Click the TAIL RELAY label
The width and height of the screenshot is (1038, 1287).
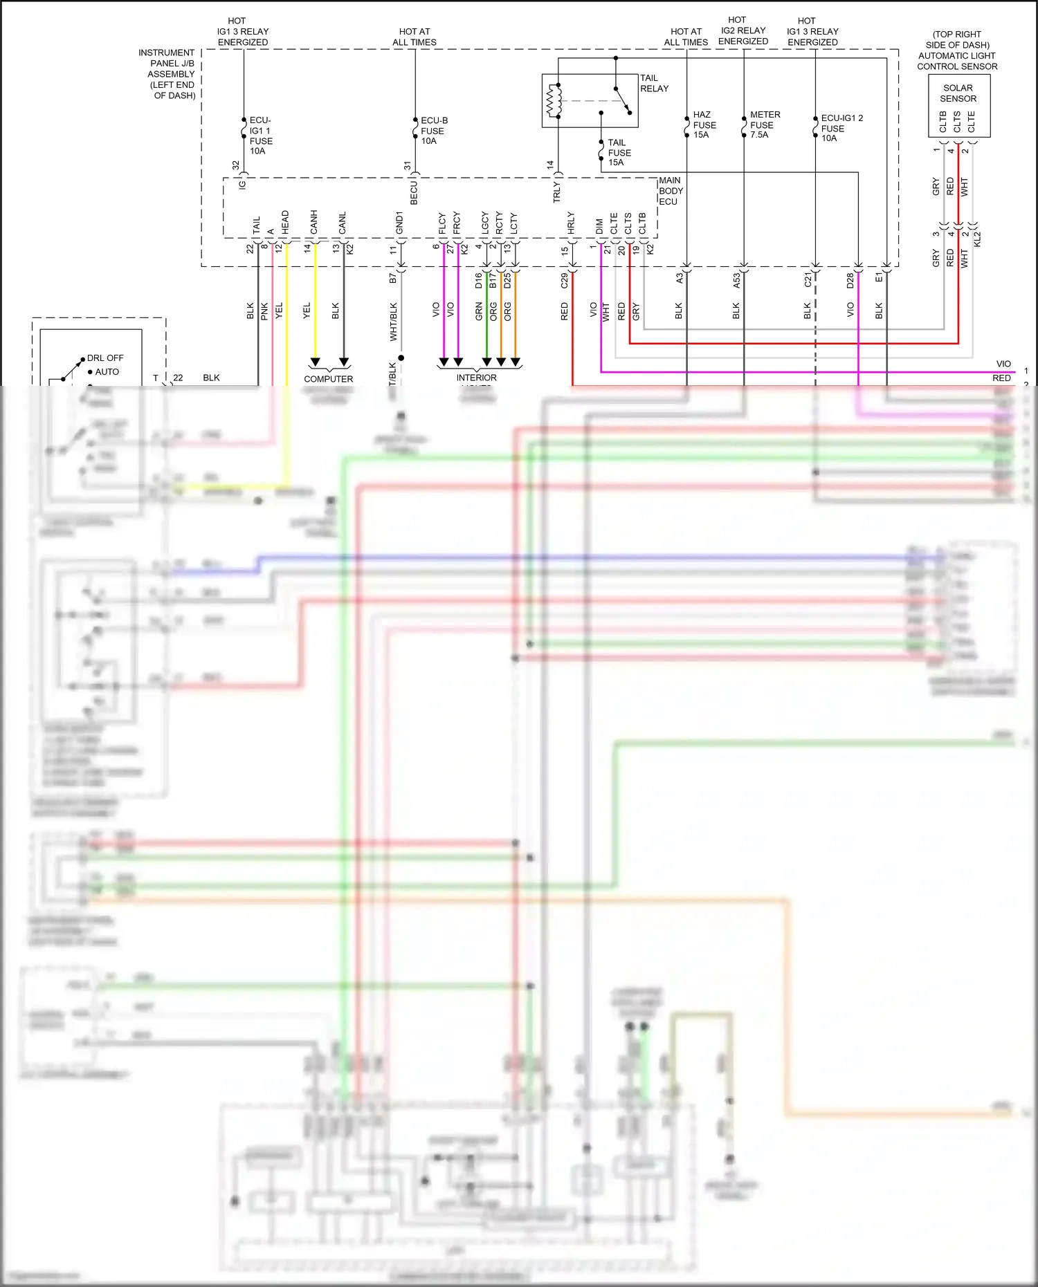[x=653, y=83]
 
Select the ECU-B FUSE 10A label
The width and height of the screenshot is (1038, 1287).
[x=433, y=131]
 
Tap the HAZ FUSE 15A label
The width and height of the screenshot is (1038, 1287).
[x=704, y=125]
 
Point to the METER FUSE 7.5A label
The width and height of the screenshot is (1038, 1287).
[x=764, y=124]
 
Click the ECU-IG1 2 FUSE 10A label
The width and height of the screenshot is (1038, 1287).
[x=840, y=128]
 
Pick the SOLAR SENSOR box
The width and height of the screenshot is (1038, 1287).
[x=958, y=105]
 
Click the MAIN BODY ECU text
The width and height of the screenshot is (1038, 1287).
[x=670, y=191]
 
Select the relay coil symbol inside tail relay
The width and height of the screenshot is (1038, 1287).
[x=554, y=101]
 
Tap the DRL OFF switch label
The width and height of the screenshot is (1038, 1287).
[x=105, y=358]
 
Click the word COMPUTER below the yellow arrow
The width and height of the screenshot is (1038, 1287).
[x=328, y=379]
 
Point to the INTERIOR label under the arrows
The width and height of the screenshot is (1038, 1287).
[x=476, y=378]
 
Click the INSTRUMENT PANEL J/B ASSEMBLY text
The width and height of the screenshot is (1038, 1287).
[x=167, y=74]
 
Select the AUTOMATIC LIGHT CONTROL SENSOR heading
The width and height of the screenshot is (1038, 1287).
[x=957, y=50]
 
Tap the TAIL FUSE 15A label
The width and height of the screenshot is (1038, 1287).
[x=619, y=153]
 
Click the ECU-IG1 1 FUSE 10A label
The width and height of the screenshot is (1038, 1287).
[x=260, y=136]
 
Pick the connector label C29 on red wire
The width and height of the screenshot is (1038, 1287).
[x=564, y=280]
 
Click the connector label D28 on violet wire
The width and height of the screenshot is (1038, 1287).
[x=850, y=281]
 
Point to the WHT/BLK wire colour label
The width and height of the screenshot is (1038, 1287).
[x=393, y=322]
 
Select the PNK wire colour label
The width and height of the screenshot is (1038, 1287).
[x=264, y=311]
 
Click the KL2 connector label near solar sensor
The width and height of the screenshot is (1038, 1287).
[x=977, y=239]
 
